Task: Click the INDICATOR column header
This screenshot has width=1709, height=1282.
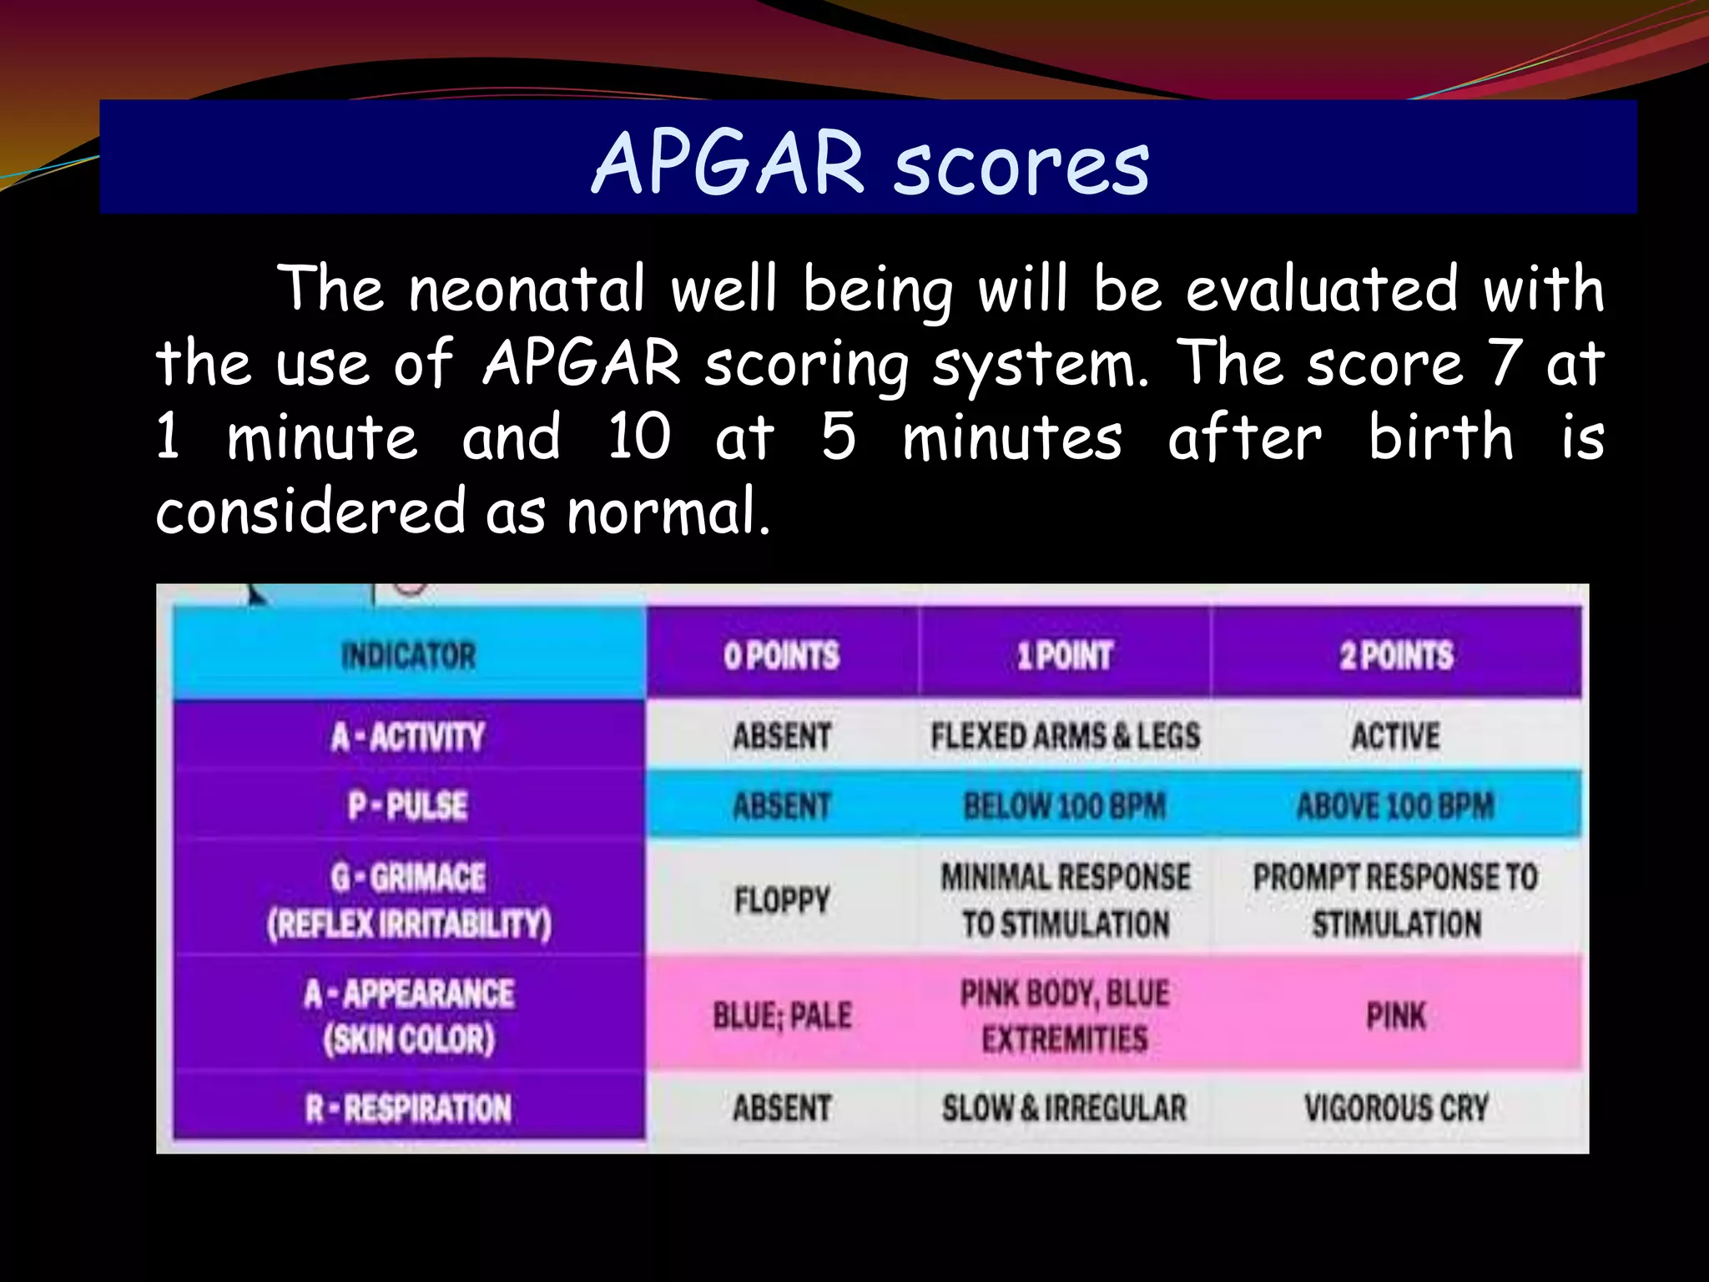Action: click(x=408, y=655)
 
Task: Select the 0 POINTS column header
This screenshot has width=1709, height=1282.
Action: click(x=781, y=655)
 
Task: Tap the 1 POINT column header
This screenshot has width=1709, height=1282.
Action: click(x=1064, y=655)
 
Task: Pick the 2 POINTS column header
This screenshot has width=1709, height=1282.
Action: click(x=1396, y=655)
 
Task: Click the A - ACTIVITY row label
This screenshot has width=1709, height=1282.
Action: click(x=408, y=736)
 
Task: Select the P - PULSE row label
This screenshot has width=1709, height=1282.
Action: click(x=408, y=805)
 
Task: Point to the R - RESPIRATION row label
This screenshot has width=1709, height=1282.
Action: click(x=408, y=1108)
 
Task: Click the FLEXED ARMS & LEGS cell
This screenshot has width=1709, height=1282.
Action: click(x=1065, y=736)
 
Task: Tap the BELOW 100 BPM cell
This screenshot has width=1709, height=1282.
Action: click(x=1064, y=805)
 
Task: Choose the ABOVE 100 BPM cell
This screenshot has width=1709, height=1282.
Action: click(x=1395, y=805)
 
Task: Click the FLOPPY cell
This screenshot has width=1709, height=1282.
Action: click(x=782, y=900)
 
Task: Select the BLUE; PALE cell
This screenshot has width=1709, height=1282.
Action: click(x=782, y=1016)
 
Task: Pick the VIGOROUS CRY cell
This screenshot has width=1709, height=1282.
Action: click(x=1396, y=1108)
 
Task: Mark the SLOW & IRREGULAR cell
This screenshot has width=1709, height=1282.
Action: click(x=1064, y=1108)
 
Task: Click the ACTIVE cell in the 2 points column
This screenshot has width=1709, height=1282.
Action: click(x=1395, y=736)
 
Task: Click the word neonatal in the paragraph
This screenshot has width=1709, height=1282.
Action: click(x=527, y=289)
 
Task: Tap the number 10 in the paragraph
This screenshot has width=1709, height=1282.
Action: click(x=638, y=437)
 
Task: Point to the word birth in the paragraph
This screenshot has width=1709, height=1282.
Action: click(x=1440, y=437)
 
